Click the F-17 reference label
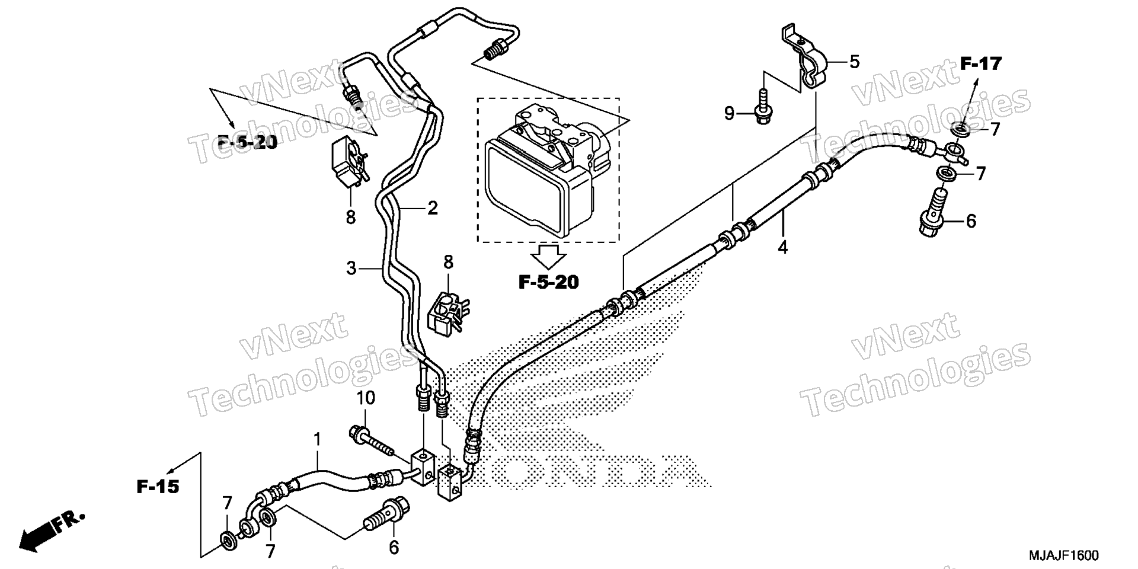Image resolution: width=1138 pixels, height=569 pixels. coord(980,63)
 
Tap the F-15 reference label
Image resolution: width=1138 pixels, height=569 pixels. coord(158,487)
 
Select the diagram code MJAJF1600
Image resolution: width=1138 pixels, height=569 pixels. coord(1063,555)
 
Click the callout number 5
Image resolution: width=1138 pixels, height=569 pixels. coord(854,62)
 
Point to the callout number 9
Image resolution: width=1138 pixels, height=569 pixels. coord(729,113)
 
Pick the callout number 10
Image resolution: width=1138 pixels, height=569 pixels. coord(366,398)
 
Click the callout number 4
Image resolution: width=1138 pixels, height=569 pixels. coord(783,247)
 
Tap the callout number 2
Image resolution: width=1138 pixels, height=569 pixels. coord(433,208)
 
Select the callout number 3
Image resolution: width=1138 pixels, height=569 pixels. coord(351,268)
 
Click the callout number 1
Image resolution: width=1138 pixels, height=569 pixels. coord(317,440)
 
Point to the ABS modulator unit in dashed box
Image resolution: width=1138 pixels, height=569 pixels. coord(548,170)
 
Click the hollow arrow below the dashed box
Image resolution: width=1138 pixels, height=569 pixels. coord(548,255)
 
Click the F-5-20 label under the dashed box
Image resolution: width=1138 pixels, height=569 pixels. coord(548,283)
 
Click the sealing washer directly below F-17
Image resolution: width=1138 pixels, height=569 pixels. coord(960,129)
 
